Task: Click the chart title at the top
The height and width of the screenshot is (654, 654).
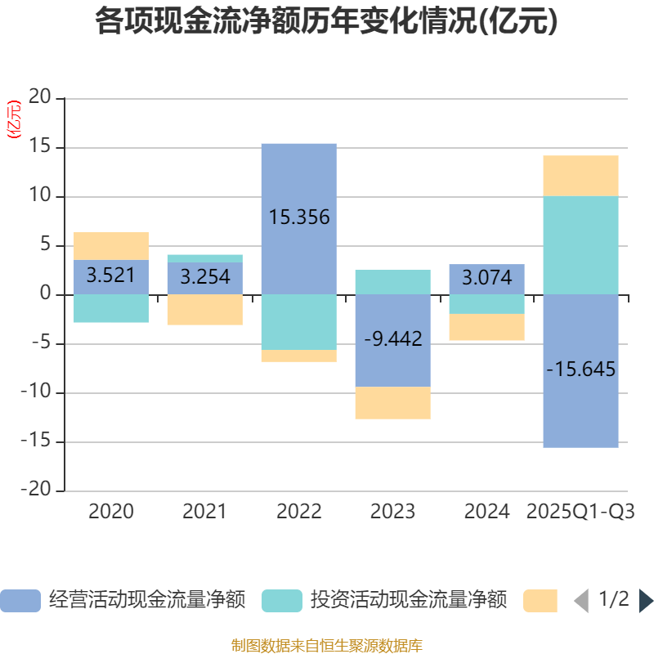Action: tap(327, 21)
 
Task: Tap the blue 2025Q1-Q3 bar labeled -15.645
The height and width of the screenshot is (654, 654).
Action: tap(580, 409)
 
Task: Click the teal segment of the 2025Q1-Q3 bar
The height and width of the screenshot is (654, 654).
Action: tap(580, 245)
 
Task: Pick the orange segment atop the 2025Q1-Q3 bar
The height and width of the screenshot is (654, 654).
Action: tap(580, 175)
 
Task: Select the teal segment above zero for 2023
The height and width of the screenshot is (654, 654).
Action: tap(392, 282)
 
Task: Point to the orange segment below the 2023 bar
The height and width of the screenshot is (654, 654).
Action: tap(392, 403)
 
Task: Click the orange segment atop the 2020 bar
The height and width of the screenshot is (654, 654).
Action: tap(110, 245)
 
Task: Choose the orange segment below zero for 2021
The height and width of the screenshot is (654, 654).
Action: tap(204, 310)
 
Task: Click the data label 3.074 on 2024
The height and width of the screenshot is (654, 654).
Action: tap(487, 278)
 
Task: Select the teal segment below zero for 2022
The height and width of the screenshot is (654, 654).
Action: tap(298, 322)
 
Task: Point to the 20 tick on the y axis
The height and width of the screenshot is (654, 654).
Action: tap(40, 99)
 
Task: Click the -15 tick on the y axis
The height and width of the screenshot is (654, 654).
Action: tap(37, 442)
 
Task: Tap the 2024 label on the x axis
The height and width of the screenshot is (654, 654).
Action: tap(487, 512)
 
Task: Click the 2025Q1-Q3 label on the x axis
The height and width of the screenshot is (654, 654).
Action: tap(580, 512)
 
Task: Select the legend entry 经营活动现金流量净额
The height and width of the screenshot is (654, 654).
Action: tap(123, 600)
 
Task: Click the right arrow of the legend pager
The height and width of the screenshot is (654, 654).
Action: tap(645, 600)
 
